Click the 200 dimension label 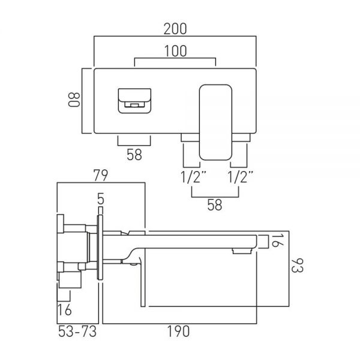click(175, 29)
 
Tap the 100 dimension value click(176, 51)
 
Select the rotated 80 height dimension click(74, 100)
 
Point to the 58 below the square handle click(134, 155)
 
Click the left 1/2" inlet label click(193, 177)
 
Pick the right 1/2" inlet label click(240, 177)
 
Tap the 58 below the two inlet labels click(215, 205)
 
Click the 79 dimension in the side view click(101, 175)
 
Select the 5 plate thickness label click(101, 199)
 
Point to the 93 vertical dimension click(298, 265)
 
